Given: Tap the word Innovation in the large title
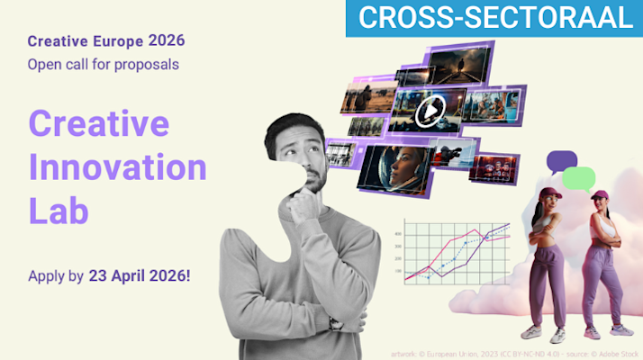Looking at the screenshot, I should pyautogui.click(x=118, y=166).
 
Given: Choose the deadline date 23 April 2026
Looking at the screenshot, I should pyautogui.click(x=139, y=275).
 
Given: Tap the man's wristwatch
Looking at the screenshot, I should pyautogui.click(x=335, y=323).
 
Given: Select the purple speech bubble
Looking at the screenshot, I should pyautogui.click(x=560, y=162).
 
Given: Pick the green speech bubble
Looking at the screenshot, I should pyautogui.click(x=578, y=177).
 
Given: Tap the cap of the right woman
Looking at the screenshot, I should pyautogui.click(x=600, y=193).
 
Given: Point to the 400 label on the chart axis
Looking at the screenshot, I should pyautogui.click(x=397, y=235).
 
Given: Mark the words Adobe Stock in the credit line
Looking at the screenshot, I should pyautogui.click(x=613, y=354).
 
